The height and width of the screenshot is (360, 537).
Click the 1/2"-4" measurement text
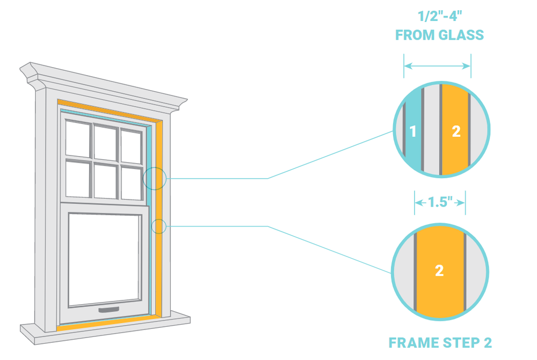[440, 16]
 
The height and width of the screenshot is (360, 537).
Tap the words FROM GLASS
[439, 35]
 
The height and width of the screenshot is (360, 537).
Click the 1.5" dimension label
[440, 202]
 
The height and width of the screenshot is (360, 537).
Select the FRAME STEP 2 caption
[440, 342]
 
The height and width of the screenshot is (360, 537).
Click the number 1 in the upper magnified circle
[412, 131]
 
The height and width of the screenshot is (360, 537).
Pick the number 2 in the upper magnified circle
[456, 131]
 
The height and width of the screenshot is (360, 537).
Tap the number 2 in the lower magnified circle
[439, 271]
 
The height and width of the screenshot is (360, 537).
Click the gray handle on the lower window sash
[109, 310]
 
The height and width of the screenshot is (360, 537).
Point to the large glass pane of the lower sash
[105, 260]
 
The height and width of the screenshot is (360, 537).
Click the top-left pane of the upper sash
[78, 139]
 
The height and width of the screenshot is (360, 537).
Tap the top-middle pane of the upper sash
[105, 143]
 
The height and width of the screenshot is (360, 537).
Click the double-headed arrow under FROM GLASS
[437, 66]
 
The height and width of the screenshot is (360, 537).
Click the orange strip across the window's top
[109, 110]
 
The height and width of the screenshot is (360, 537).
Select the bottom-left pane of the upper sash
[78, 179]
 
